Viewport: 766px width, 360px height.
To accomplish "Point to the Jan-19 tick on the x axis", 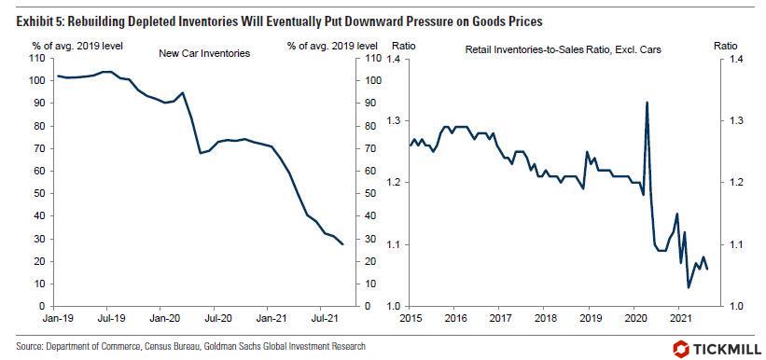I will pos(51,317).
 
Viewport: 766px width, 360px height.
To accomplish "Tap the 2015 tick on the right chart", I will pos(411,317).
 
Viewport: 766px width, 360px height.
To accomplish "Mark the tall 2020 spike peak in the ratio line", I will pos(648,102).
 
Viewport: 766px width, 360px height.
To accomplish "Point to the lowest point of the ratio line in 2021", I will pos(689,287).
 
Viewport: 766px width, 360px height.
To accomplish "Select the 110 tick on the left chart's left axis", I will pos(37,59).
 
